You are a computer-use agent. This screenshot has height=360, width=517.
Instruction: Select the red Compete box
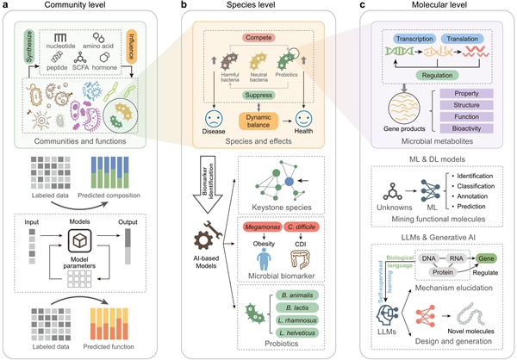(254, 38)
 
